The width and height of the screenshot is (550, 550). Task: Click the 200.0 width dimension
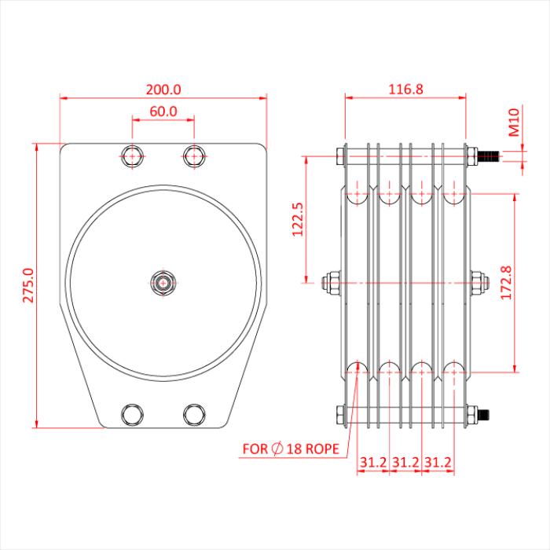(x=163, y=90)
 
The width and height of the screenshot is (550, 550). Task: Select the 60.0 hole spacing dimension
(x=163, y=112)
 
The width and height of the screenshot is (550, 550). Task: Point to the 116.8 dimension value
(x=406, y=90)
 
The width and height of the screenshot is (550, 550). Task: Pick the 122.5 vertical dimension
(x=297, y=219)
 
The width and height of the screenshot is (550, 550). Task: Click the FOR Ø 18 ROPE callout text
(x=291, y=449)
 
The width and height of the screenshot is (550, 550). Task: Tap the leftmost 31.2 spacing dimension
(x=373, y=463)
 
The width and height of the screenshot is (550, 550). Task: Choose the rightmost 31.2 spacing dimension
(x=438, y=463)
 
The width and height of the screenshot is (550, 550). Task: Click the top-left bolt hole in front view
(x=132, y=156)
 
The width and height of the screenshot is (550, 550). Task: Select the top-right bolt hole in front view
(x=194, y=156)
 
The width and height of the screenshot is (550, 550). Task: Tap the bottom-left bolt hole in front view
(x=132, y=413)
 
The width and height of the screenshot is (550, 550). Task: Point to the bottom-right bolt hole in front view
(x=194, y=413)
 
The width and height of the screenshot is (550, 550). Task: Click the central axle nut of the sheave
(x=163, y=282)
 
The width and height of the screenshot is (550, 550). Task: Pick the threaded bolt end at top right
(x=489, y=156)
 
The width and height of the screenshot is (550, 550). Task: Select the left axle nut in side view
(x=332, y=283)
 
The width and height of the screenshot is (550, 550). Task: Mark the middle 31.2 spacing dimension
(x=405, y=463)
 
